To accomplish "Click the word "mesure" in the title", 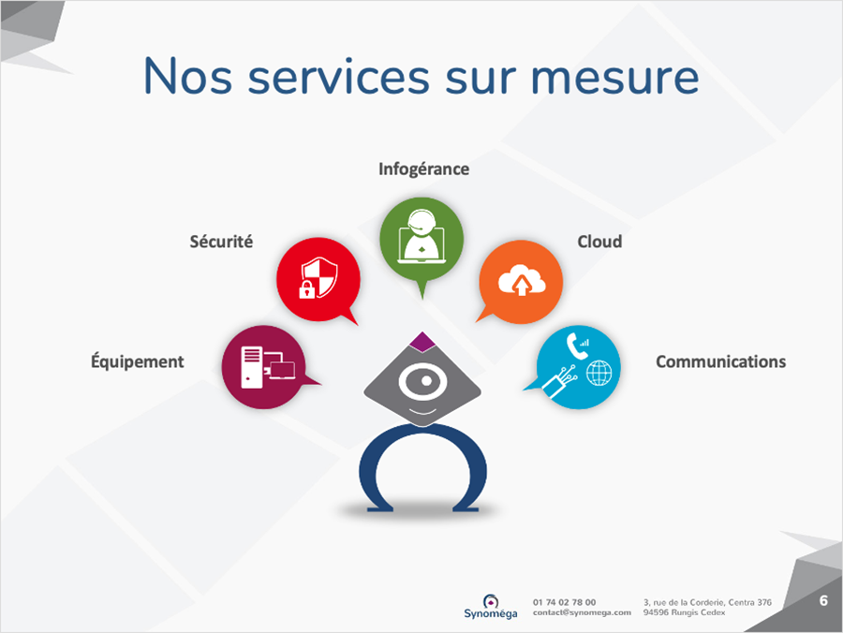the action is pos(614,78).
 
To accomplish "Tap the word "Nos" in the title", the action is pos(187,76).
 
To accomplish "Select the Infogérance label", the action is pos(423,169).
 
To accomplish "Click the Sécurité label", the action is pos(221,242).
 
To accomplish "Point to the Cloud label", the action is pos(599,242).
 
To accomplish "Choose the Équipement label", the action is pos(137,361).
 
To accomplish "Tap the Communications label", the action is pos(720,361).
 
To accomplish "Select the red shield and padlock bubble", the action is pos(318,280).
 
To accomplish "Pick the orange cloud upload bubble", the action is pos(521,282).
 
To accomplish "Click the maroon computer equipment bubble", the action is pos(264,367).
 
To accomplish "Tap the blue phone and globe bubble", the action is pos(578,367).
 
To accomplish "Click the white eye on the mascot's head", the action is pos(423,381).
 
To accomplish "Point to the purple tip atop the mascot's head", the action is pos(422,342).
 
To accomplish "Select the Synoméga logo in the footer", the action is pos(490,607).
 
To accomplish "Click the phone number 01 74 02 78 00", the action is pos(565,602).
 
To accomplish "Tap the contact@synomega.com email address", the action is pos(582,612).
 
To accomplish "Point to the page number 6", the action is pos(823,600).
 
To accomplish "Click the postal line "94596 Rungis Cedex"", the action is pos(684,612).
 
